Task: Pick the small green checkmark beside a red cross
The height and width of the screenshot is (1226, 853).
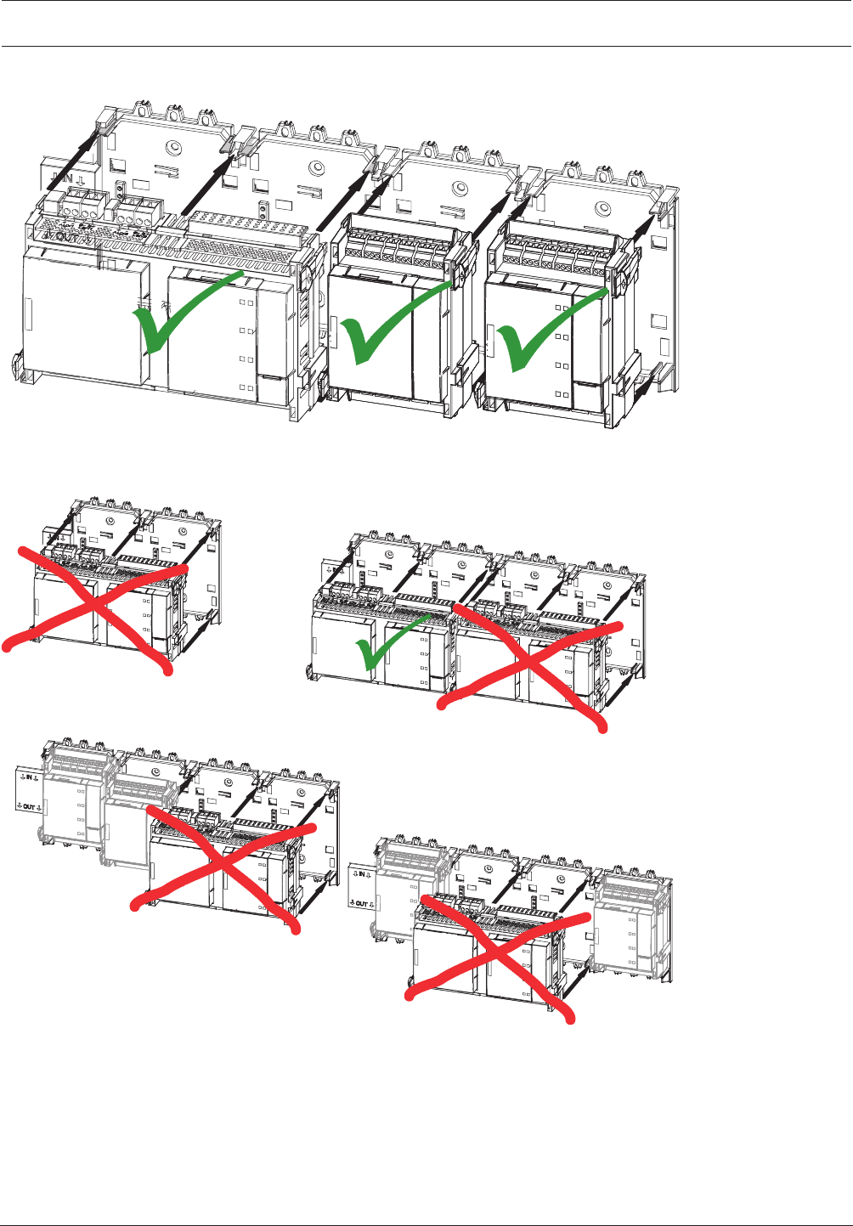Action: coord(387,646)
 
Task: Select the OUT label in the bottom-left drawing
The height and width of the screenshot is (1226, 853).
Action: coord(28,806)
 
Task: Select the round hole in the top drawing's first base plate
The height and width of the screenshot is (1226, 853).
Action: coord(174,147)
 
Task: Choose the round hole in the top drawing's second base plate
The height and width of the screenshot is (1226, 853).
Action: coord(317,168)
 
